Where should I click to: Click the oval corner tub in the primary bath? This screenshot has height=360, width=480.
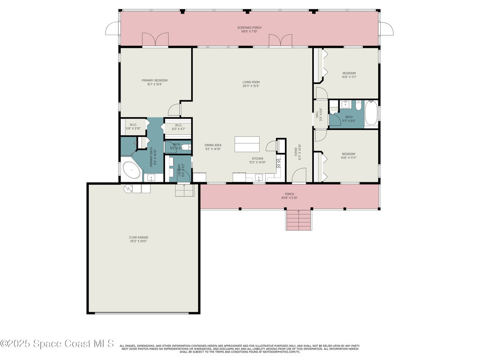point(131,171)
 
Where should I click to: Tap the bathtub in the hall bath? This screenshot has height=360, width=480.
point(371,113)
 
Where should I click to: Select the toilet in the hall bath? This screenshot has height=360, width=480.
point(358,106)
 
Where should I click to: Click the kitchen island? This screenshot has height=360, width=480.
point(247,144)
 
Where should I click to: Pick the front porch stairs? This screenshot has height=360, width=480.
point(299,220)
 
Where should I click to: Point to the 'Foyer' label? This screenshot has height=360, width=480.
point(296,152)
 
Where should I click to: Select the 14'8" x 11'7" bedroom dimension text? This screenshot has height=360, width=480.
point(349,77)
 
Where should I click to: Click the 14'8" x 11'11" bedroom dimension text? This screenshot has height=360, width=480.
point(348,158)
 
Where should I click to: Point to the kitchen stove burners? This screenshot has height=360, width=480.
point(278,164)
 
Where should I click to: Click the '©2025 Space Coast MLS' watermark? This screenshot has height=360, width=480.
point(57,344)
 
